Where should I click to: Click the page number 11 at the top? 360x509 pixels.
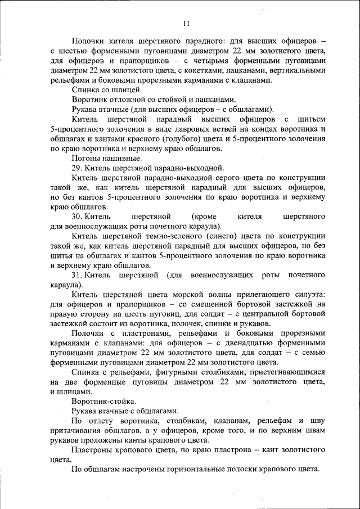[186, 24]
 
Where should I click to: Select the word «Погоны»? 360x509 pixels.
[85, 159]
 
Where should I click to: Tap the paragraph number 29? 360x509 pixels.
[78, 168]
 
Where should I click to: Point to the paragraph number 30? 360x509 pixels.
[78, 217]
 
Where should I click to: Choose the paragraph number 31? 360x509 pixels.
[78, 276]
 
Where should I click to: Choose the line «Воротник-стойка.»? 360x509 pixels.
[103, 402]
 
